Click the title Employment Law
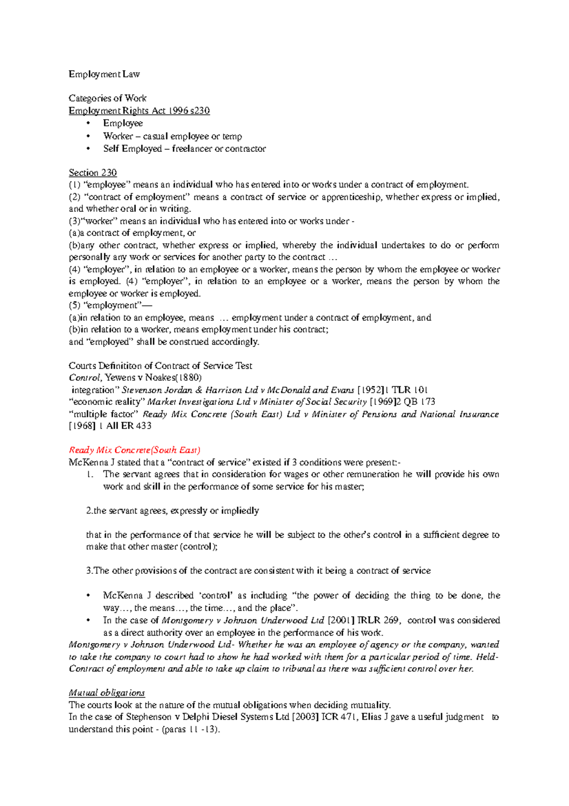point(104,74)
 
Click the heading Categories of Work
point(107,98)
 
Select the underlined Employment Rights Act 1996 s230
point(139,111)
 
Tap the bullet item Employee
point(123,123)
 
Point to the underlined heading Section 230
point(92,172)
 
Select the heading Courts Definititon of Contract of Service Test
point(160,366)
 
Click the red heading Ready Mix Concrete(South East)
point(135,450)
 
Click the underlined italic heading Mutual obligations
point(107,693)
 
